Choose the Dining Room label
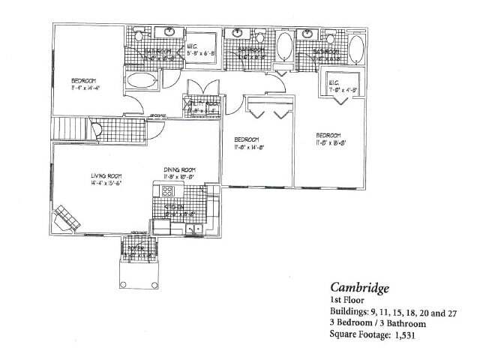(x=180, y=169)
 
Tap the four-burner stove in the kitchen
(x=168, y=190)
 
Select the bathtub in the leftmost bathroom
(x=142, y=80)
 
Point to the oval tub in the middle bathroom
(x=285, y=46)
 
